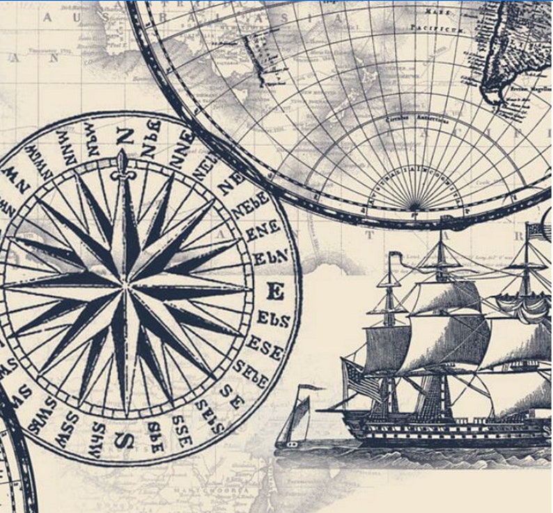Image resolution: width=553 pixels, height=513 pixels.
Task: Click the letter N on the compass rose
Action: [x=125, y=136]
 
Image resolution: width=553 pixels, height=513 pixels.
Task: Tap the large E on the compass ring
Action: [x=276, y=292]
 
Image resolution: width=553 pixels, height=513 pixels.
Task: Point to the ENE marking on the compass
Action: [x=263, y=229]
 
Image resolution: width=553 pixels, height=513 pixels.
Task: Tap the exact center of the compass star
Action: [x=126, y=286]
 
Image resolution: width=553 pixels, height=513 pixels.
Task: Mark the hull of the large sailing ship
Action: [x=446, y=427]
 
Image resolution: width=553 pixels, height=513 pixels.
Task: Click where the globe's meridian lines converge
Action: [x=415, y=208]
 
